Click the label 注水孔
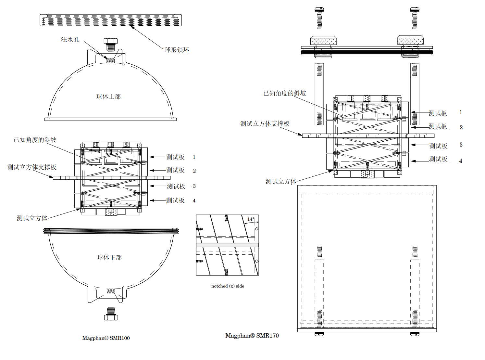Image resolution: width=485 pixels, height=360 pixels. click(x=70, y=40)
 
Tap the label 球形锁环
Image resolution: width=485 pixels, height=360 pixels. click(x=177, y=50)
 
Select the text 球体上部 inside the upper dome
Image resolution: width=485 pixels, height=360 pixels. click(x=108, y=96)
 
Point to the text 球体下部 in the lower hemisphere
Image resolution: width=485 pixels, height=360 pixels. click(x=109, y=257)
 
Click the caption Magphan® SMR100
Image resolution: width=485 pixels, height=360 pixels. click(x=106, y=338)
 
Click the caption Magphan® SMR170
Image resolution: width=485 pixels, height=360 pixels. click(x=252, y=336)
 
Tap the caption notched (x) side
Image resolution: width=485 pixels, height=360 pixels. click(x=228, y=286)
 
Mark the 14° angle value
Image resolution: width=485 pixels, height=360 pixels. click(x=251, y=219)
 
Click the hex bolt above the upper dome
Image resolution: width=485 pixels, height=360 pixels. click(x=111, y=45)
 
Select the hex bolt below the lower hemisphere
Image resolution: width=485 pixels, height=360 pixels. click(x=111, y=314)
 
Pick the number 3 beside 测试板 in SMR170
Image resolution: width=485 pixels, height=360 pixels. click(x=461, y=145)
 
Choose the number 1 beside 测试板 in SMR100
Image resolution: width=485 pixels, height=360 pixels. click(x=194, y=157)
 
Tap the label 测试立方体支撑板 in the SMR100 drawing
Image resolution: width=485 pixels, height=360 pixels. click(x=32, y=167)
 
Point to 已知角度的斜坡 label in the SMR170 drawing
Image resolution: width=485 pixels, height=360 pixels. click(x=285, y=94)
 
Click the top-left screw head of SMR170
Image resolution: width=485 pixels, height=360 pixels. click(x=319, y=9)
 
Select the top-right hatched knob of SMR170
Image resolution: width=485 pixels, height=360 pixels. click(x=410, y=40)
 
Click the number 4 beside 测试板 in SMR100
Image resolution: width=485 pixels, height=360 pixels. click(x=194, y=201)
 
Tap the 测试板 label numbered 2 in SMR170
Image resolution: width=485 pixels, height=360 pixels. click(x=438, y=126)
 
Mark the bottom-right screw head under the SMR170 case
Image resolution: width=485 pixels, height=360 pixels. click(x=415, y=334)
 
